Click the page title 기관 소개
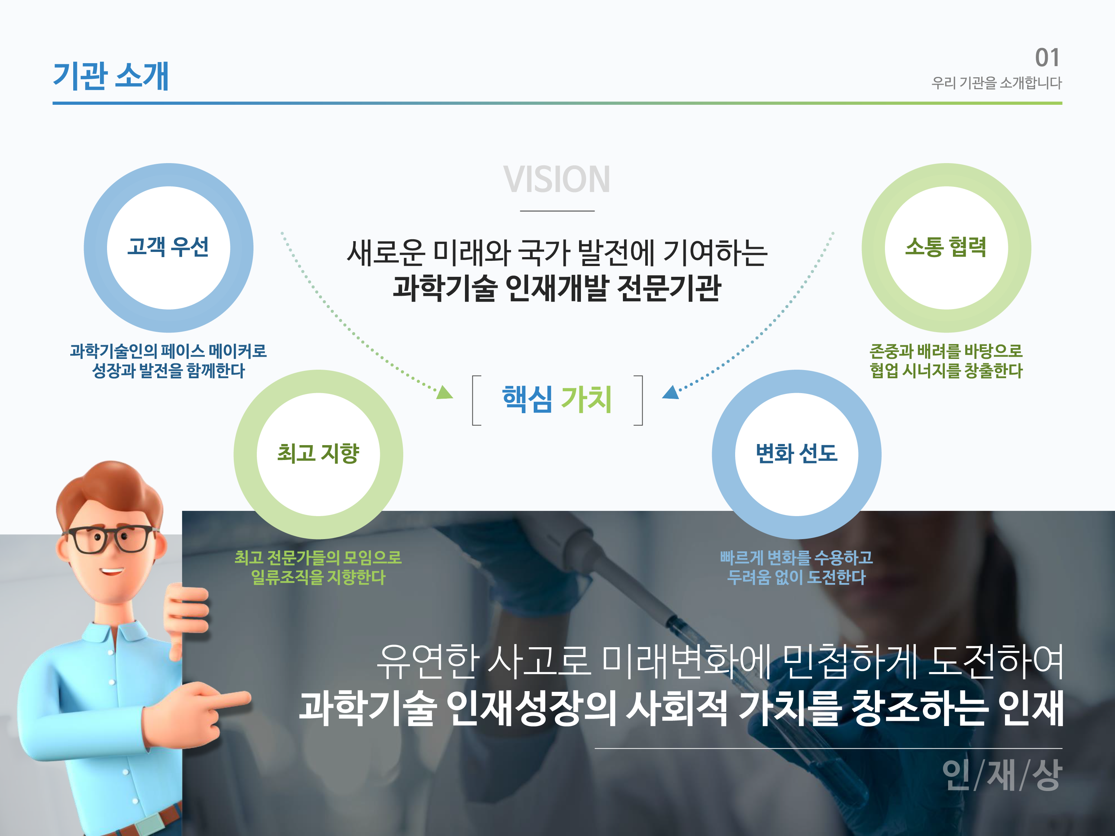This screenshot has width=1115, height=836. coord(111,76)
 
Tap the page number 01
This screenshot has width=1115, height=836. coord(1047,58)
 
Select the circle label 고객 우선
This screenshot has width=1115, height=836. coord(168,247)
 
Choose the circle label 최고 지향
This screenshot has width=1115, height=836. coord(318,453)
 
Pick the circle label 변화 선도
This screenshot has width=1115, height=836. coord(796,453)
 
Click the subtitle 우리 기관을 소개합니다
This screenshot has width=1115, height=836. coord(996,82)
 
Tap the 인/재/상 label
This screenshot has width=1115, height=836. coord(1002,775)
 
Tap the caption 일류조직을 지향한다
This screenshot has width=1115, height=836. coord(318,577)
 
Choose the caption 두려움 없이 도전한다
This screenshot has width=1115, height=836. coord(796,577)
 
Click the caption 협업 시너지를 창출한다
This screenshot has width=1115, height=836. coord(946,371)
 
